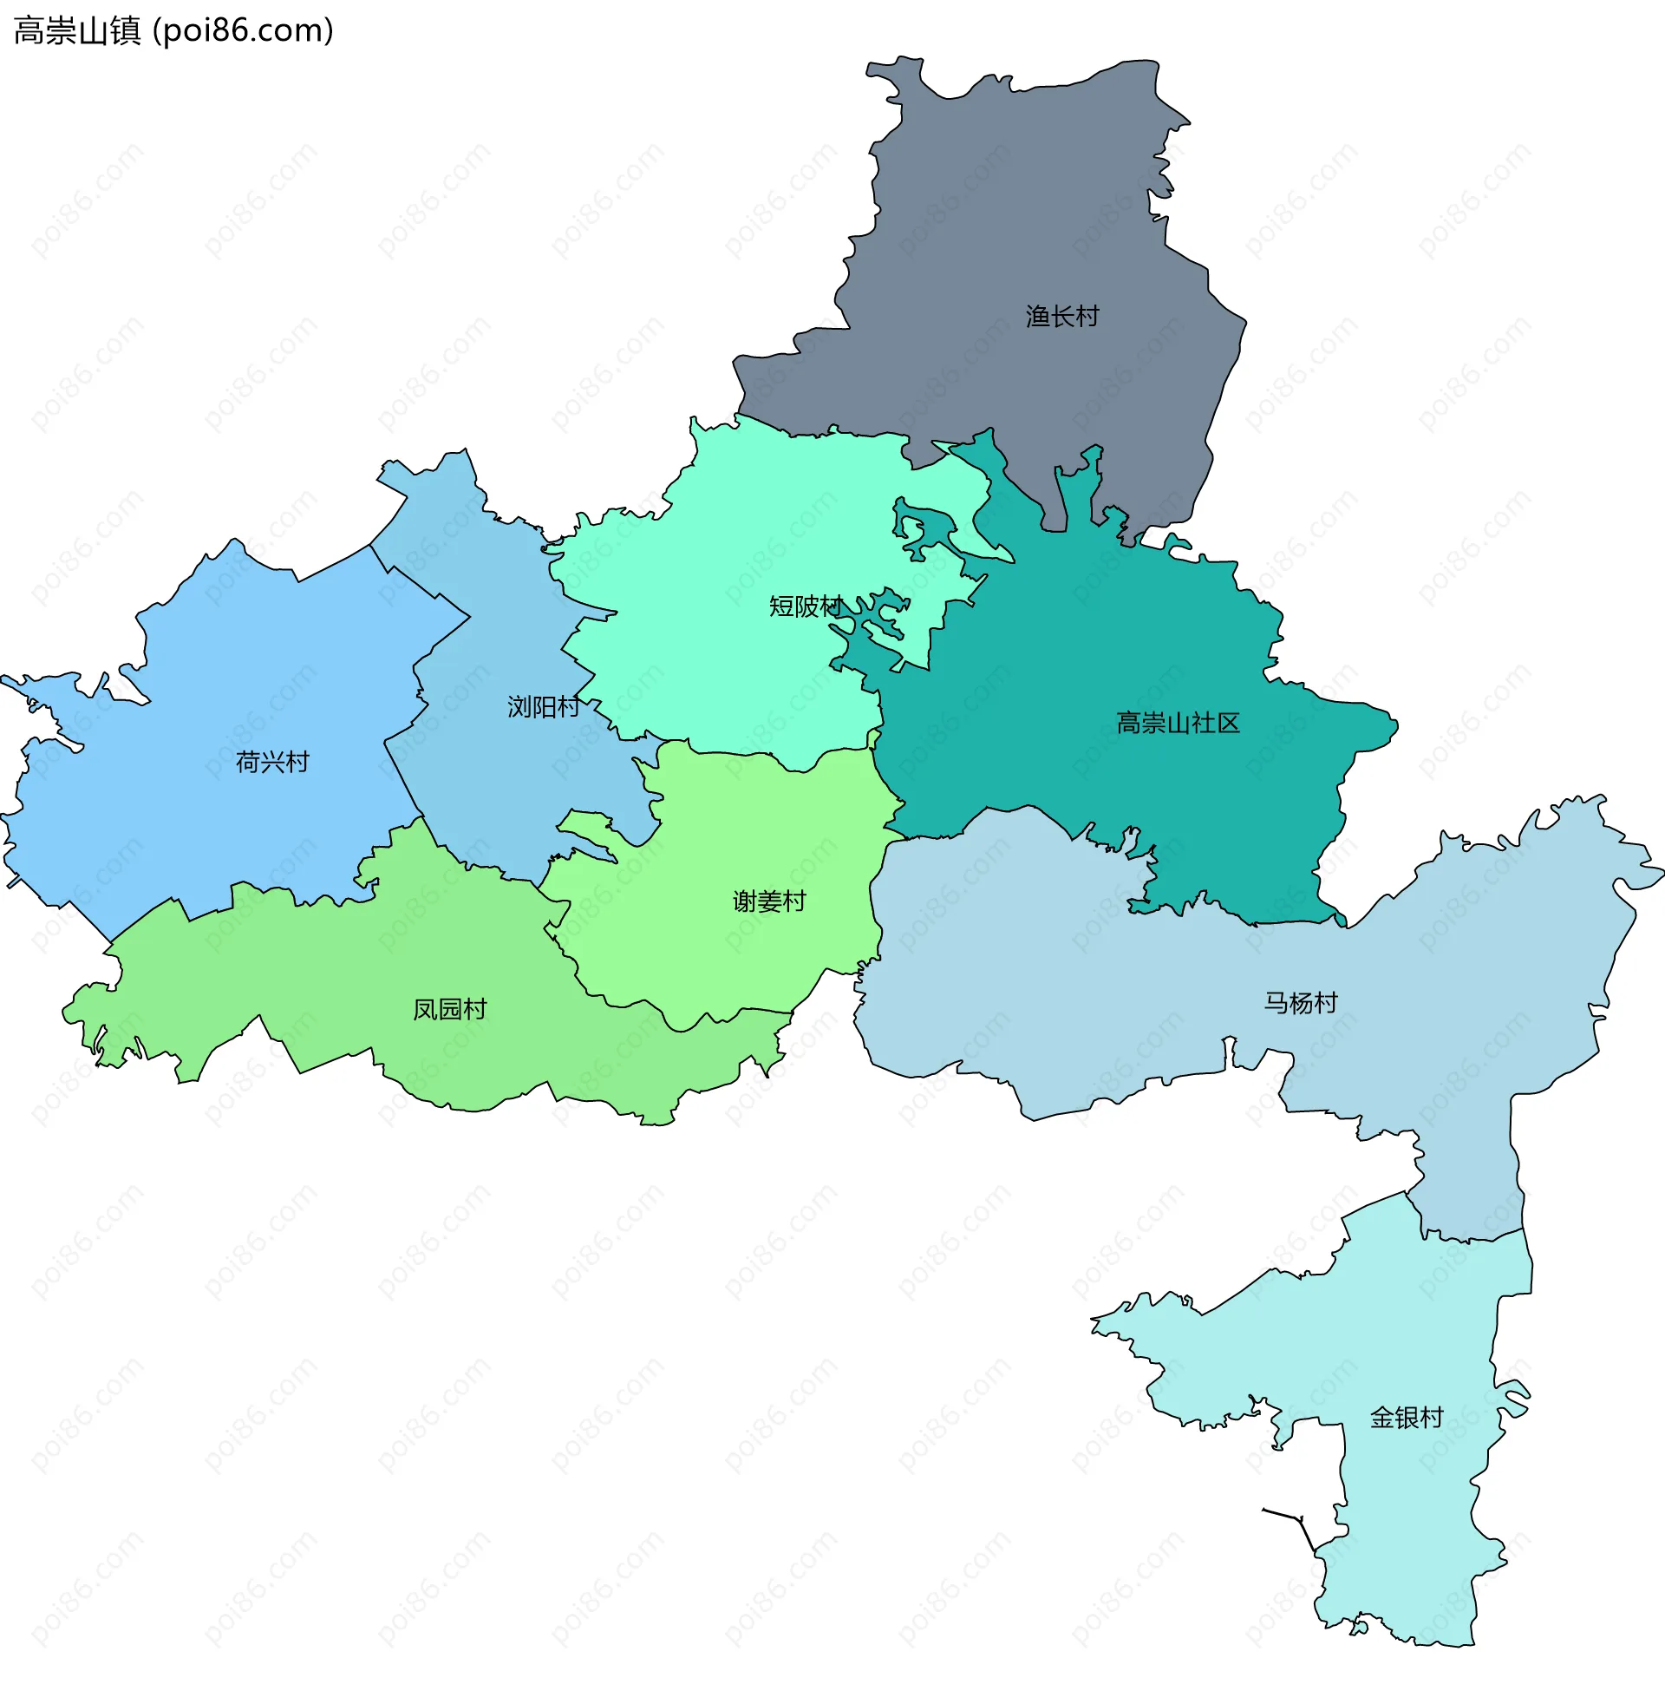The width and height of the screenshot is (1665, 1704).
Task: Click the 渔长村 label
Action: click(x=1061, y=317)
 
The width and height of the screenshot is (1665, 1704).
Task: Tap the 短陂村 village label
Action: click(x=805, y=606)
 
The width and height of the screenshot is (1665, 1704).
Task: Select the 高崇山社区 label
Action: click(x=1178, y=724)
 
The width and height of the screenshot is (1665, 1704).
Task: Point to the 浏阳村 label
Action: click(x=543, y=707)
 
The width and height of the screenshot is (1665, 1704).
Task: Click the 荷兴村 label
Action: click(x=272, y=763)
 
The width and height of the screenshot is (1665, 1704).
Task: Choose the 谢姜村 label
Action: click(x=768, y=901)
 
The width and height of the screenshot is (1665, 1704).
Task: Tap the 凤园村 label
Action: click(x=449, y=1010)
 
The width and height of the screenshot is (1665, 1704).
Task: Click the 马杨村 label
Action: click(x=1300, y=1003)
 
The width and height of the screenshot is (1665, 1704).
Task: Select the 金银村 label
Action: click(x=1407, y=1418)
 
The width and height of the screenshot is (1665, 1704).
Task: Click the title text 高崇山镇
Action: click(x=77, y=31)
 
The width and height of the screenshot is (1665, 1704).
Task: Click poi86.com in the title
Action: click(x=243, y=31)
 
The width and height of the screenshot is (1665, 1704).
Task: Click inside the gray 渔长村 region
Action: click(x=1006, y=219)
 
